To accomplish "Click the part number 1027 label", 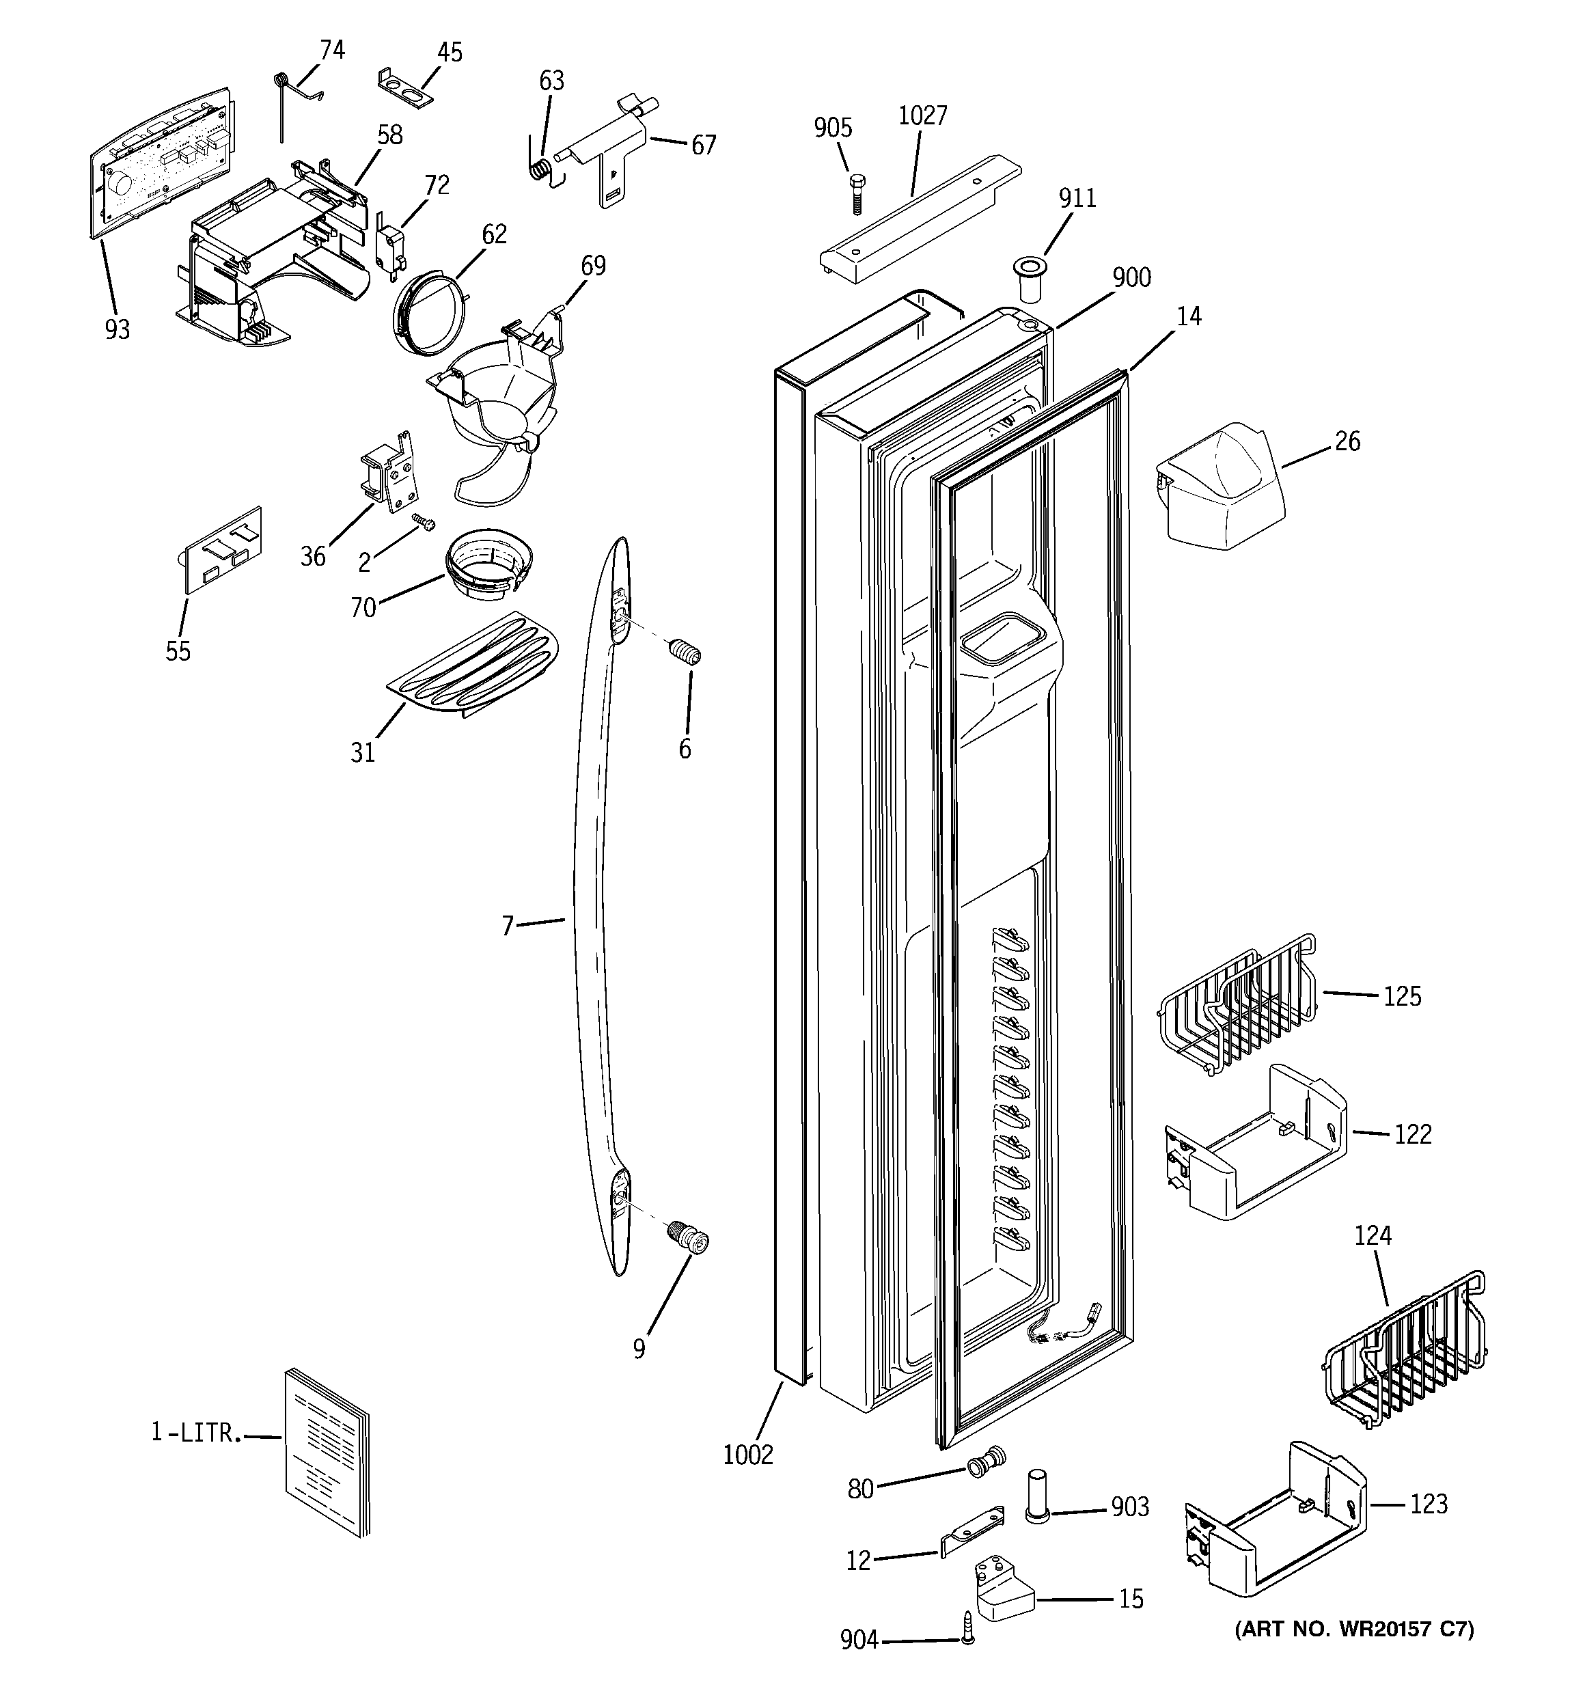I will (x=922, y=115).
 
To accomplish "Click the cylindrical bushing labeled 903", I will (x=1036, y=1494).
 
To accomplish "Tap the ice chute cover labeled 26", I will (x=1219, y=486).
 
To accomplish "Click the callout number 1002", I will (x=748, y=1455).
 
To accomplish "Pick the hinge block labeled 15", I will (x=1003, y=1591).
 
